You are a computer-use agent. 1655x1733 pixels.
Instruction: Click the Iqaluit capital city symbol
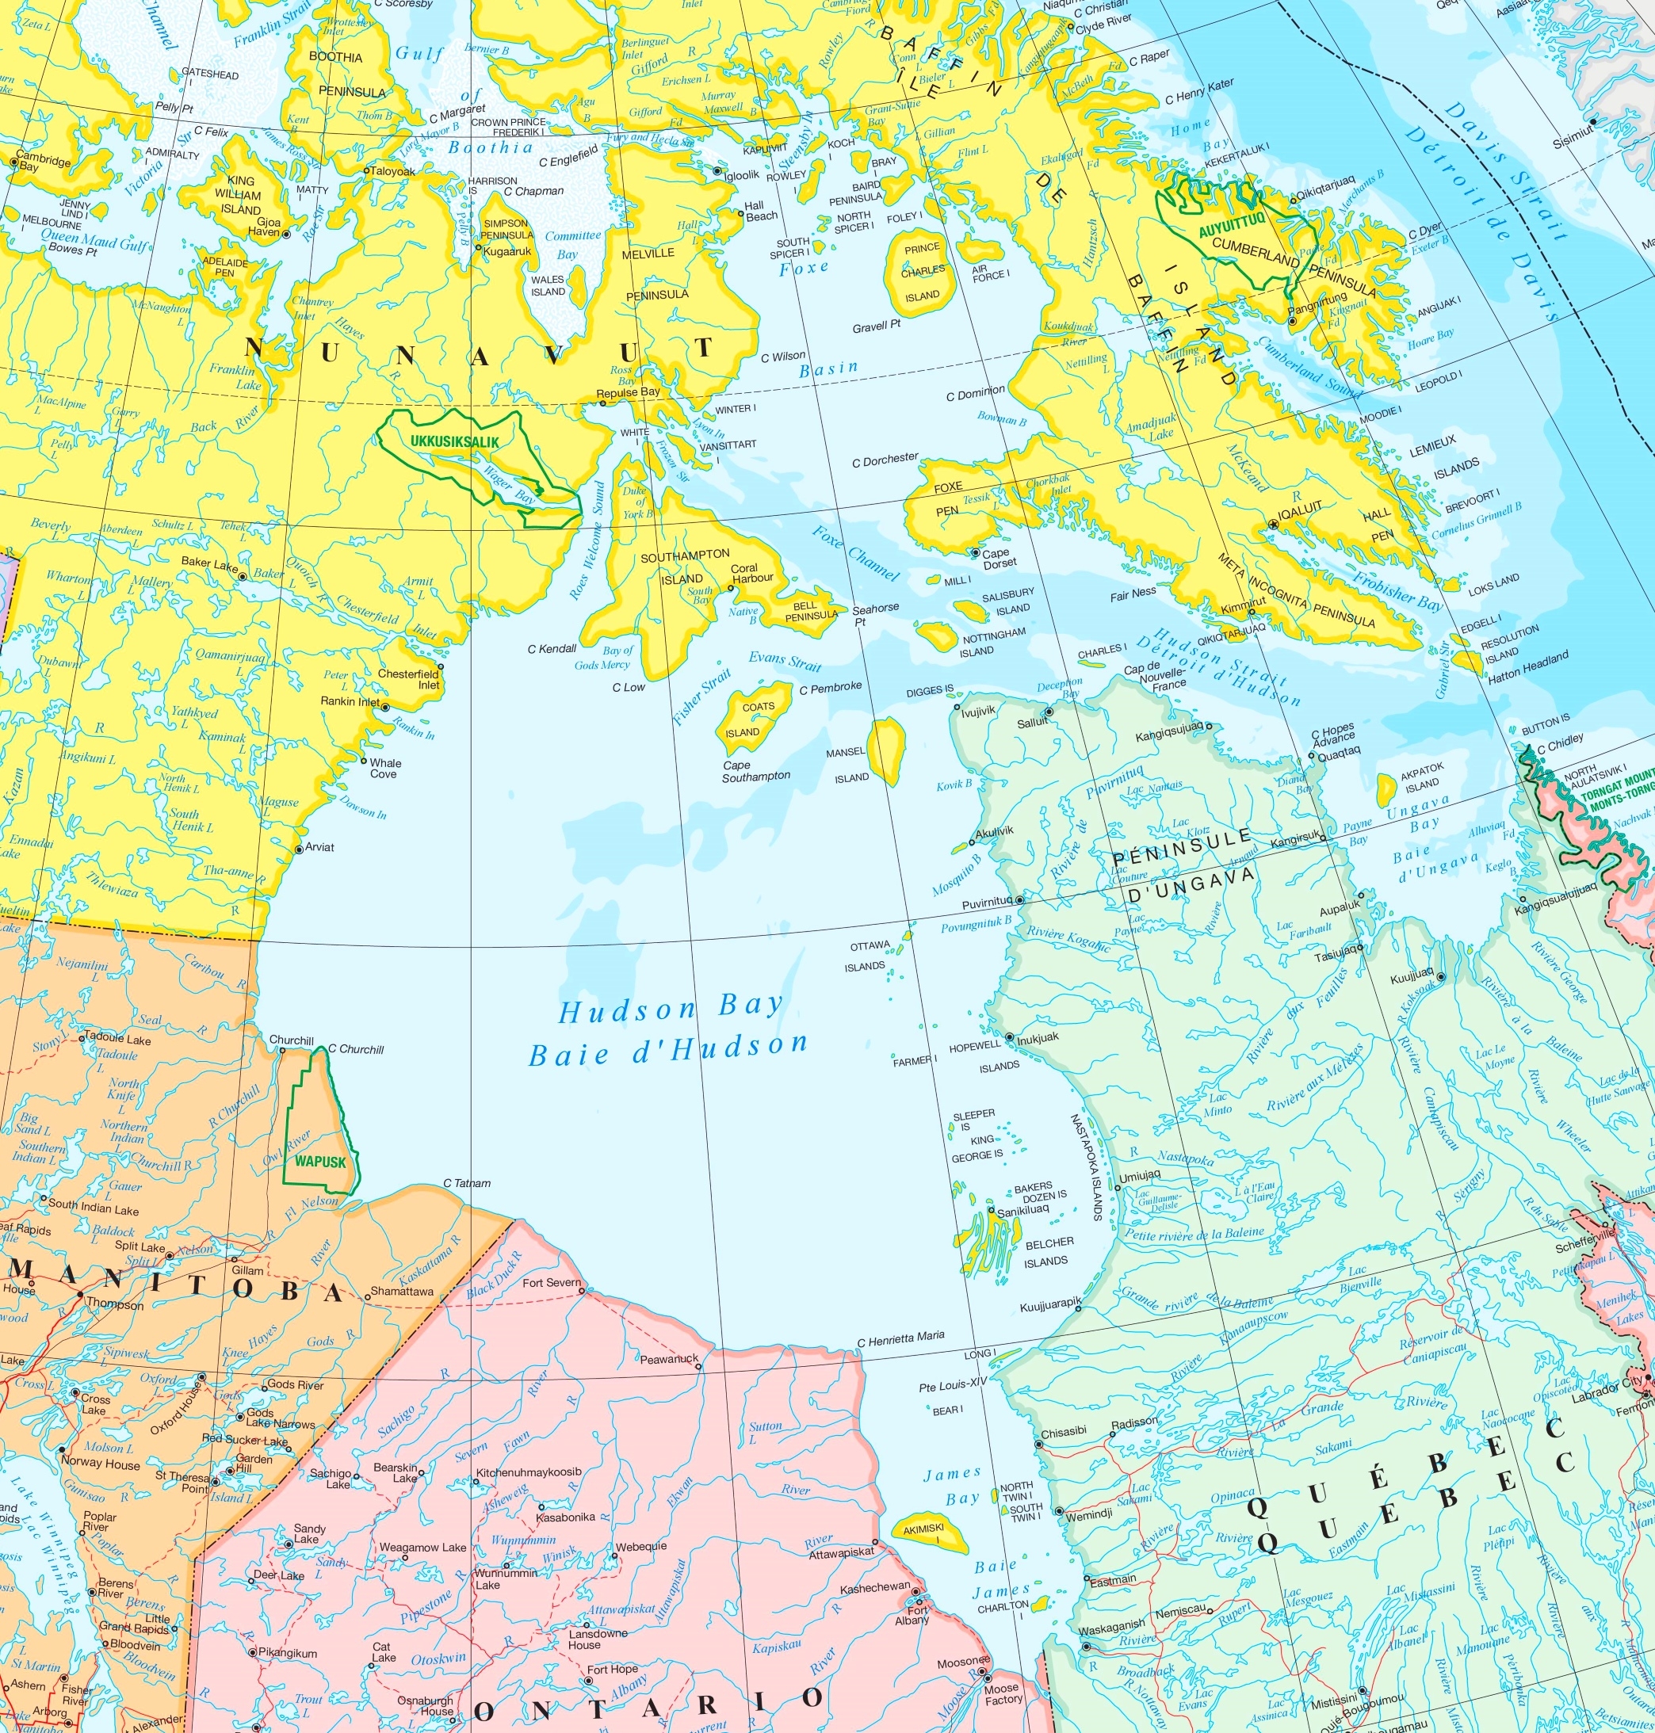(1272, 524)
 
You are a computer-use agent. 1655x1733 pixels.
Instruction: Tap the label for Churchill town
(291, 1040)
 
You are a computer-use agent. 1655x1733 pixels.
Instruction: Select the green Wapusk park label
(320, 1162)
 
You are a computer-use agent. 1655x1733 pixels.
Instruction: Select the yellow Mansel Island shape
(887, 750)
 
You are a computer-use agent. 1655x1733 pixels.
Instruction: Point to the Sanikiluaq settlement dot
(992, 1212)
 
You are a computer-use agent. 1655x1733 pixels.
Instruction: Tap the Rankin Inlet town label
(350, 702)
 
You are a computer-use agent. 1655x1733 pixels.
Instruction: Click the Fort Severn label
(552, 1282)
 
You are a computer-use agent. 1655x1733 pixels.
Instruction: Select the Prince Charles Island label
(922, 272)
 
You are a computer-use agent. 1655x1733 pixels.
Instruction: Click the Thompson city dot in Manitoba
(80, 1295)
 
